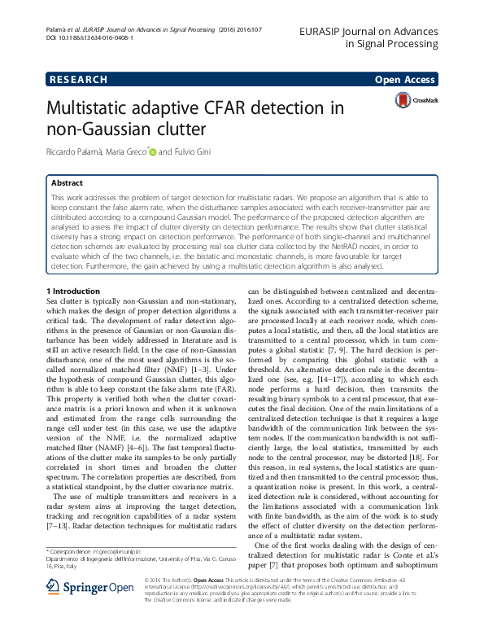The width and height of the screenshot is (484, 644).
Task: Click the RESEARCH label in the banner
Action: pos(79,79)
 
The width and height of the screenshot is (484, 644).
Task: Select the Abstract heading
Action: pos(67,183)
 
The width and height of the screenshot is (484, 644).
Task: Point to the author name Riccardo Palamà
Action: pos(75,152)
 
